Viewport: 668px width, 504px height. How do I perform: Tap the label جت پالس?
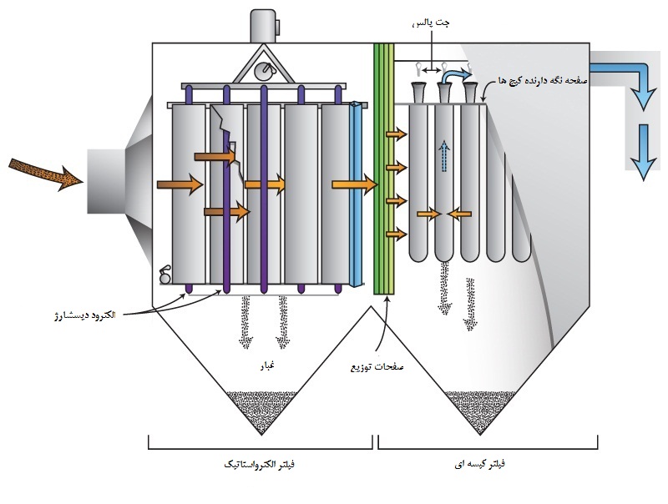coord(431,25)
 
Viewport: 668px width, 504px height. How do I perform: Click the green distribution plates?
coord(383,167)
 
